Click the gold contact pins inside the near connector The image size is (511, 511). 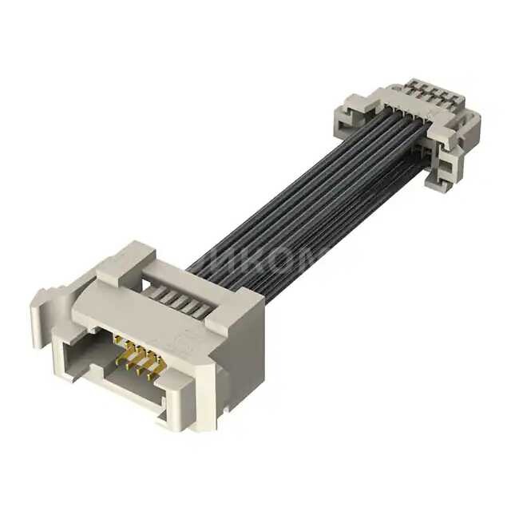click(x=141, y=356)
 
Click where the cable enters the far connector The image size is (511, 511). click(x=399, y=128)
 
